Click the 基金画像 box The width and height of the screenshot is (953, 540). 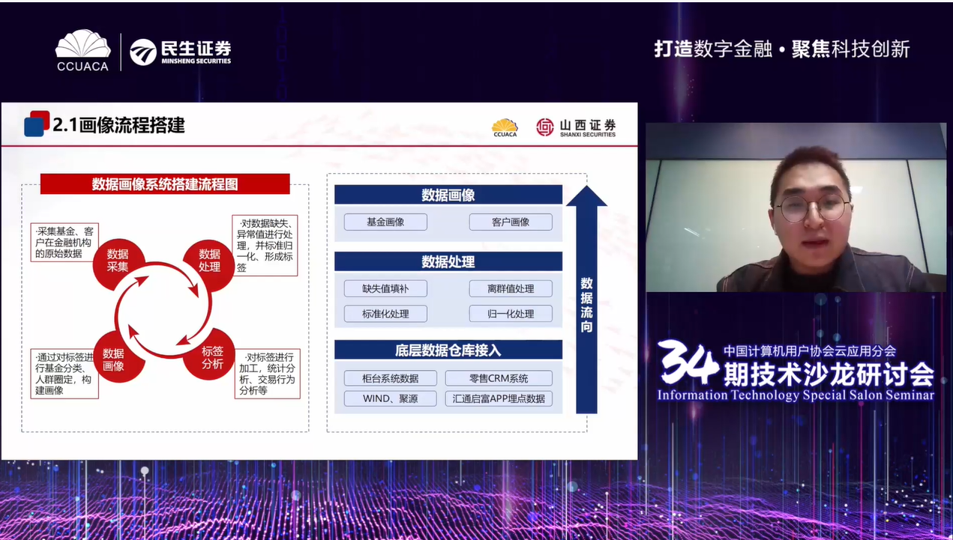click(385, 222)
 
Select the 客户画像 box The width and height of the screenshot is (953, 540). click(511, 222)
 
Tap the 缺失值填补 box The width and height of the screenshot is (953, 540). click(385, 288)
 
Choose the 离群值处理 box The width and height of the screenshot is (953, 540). click(511, 288)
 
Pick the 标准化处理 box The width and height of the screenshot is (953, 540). click(385, 314)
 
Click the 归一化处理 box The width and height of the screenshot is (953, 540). click(511, 314)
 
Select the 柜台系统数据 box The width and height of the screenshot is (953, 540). click(390, 378)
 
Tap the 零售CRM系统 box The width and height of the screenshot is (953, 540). click(499, 378)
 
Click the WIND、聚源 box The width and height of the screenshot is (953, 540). click(390, 398)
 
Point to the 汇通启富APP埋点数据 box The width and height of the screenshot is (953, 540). click(499, 398)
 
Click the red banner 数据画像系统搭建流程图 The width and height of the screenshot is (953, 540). click(165, 184)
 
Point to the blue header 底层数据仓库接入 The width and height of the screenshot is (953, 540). click(448, 350)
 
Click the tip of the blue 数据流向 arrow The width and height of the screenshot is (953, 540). click(586, 186)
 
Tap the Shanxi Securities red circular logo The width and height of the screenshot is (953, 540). click(544, 127)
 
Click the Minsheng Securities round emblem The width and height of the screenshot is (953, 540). click(143, 52)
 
